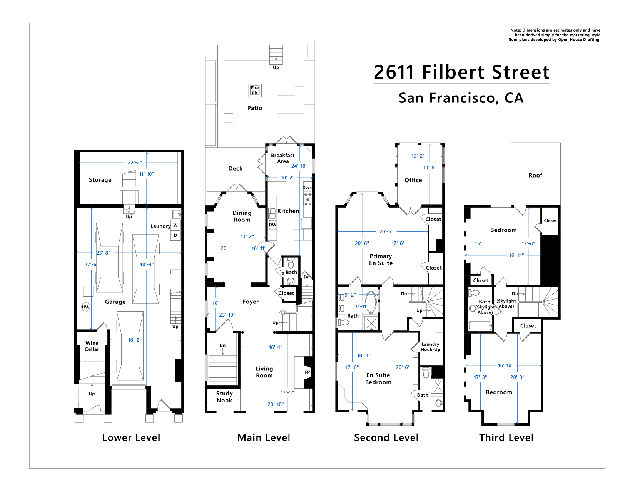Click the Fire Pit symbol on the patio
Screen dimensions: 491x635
tap(255, 90)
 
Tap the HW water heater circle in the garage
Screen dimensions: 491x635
tap(85, 307)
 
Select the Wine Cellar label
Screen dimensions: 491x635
tap(92, 346)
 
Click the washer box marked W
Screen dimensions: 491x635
tap(175, 225)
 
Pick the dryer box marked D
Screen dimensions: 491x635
tap(175, 235)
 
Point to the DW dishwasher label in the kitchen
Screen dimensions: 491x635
tap(272, 225)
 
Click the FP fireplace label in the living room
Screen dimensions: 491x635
tap(307, 372)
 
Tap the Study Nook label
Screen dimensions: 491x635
tap(224, 397)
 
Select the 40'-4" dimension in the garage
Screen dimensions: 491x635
tap(146, 264)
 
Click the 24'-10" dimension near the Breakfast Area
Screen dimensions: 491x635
tap(299, 166)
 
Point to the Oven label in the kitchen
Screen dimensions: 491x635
tap(307, 188)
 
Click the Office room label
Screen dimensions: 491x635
tap(413, 180)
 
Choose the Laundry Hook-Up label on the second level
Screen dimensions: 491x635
tap(430, 347)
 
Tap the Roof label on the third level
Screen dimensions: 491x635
tap(535, 176)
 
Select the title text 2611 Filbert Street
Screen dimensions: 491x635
tap(462, 72)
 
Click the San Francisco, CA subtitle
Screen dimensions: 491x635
tap(461, 98)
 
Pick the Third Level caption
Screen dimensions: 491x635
tap(506, 438)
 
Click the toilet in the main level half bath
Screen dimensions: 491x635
tap(291, 264)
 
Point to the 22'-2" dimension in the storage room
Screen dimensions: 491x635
tap(135, 163)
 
